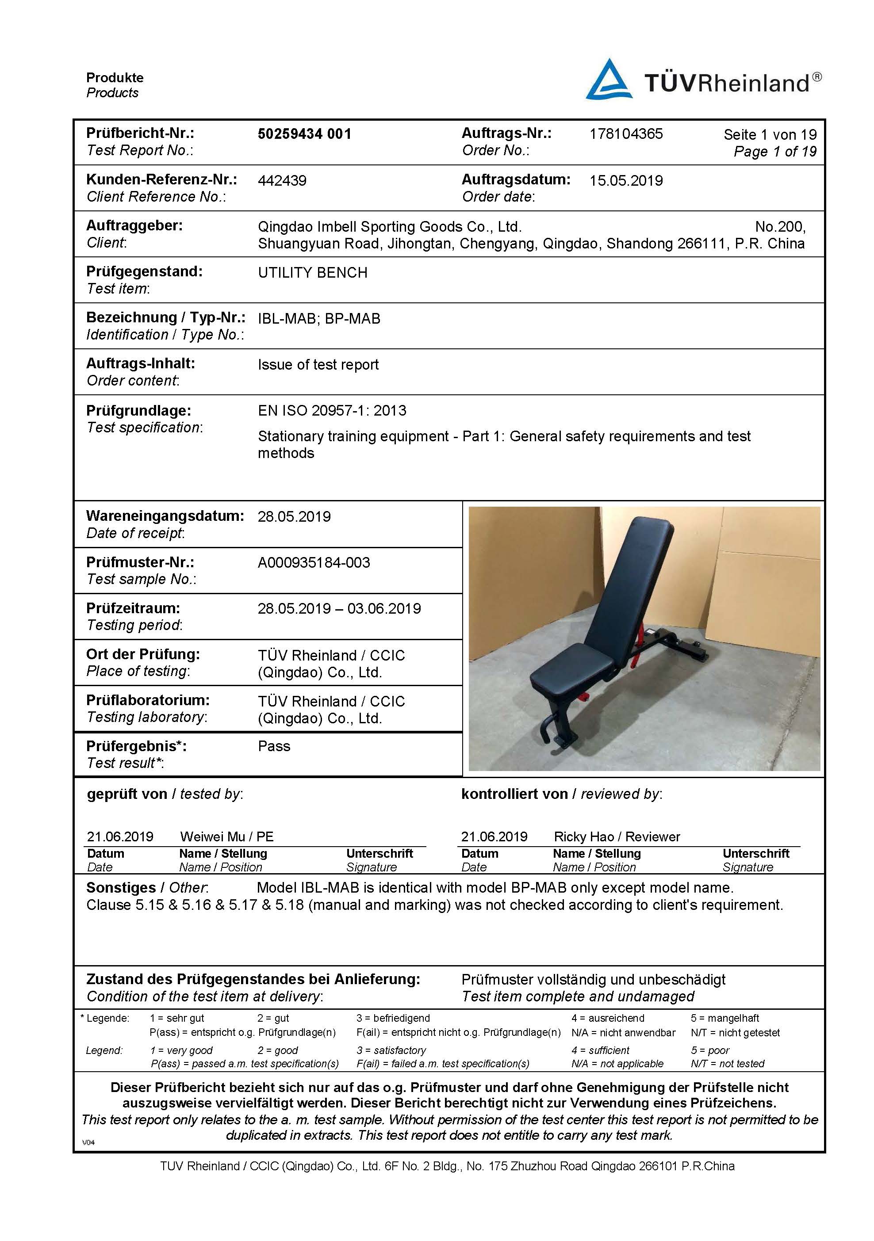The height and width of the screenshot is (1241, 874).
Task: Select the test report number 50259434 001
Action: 304,134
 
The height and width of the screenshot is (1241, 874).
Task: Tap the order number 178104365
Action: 626,134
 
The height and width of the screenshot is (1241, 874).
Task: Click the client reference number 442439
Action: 282,180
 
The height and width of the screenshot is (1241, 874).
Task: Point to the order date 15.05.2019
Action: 626,180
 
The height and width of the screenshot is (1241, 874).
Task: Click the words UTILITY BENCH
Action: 313,273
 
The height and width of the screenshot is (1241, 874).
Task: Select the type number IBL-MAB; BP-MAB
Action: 319,319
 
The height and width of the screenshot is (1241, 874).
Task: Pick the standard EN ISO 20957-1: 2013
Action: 332,411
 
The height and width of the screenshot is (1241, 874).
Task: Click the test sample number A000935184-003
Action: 314,563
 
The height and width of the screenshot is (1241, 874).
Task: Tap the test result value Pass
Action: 274,746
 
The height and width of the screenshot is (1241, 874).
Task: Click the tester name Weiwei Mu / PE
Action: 226,837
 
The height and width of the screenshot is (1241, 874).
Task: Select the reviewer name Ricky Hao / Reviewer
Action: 617,837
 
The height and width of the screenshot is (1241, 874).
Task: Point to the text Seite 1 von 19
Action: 770,134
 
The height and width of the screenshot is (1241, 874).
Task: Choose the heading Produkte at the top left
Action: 115,78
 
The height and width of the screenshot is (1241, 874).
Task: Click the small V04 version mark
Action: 88,1142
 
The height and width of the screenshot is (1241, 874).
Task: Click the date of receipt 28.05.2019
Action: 294,517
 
